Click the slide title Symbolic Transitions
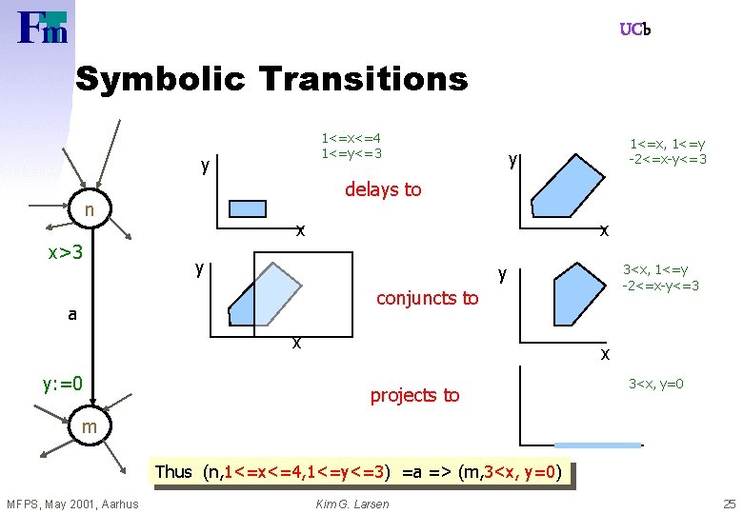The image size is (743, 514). [x=271, y=78]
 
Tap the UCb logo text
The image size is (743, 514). [x=634, y=30]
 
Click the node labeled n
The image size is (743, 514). [x=88, y=208]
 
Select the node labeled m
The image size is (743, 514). [x=89, y=427]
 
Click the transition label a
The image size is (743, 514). [x=72, y=314]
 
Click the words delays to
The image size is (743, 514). [x=383, y=189]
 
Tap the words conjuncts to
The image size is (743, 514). [x=428, y=298]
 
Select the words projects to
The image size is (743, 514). [x=414, y=395]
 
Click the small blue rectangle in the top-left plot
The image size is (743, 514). [x=247, y=208]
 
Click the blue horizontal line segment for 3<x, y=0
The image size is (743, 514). [x=597, y=445]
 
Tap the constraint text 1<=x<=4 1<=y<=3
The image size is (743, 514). [x=351, y=146]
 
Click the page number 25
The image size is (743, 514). [x=729, y=504]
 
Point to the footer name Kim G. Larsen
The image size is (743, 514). [x=351, y=504]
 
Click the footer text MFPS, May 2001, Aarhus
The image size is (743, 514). [x=72, y=504]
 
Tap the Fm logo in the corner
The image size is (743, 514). [x=43, y=28]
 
